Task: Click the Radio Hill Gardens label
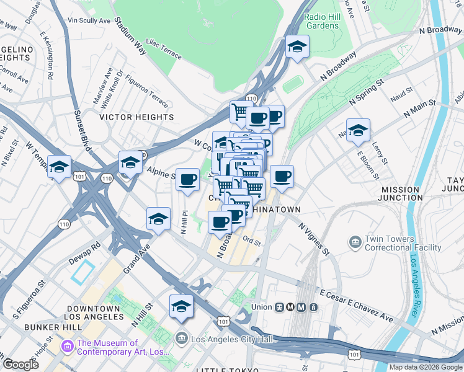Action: click(322, 20)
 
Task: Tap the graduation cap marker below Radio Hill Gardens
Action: click(297, 47)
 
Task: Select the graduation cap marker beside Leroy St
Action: click(358, 130)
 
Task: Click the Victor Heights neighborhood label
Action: click(137, 117)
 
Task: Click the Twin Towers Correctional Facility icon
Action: click(356, 241)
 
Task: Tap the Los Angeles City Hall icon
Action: click(181, 338)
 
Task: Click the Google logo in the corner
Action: click(20, 365)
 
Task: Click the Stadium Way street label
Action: click(130, 36)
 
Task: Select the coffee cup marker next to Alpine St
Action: click(188, 180)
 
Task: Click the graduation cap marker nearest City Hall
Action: click(181, 306)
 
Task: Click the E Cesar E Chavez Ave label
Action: click(356, 306)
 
